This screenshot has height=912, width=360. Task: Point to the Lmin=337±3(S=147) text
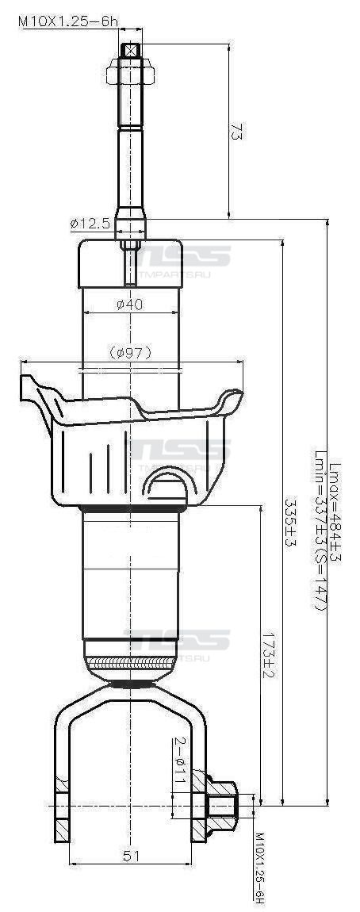pos(320,539)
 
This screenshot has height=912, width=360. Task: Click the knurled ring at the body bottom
pos(130,662)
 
